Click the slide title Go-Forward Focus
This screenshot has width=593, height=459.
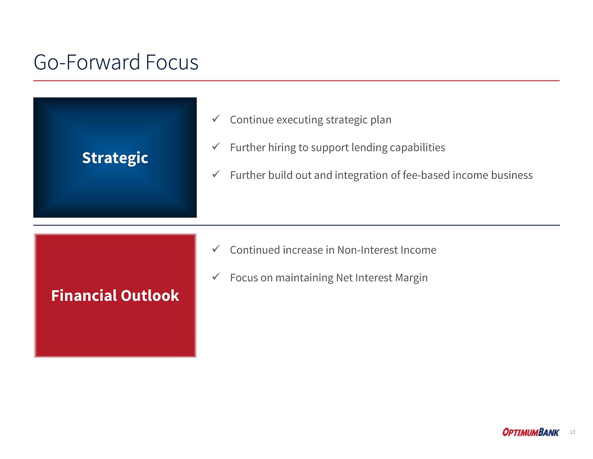[116, 62]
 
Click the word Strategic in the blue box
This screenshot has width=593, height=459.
[115, 158]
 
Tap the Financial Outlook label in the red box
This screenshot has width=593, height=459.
[115, 295]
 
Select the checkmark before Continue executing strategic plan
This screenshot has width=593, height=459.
[216, 119]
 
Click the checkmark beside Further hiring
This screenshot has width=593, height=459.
[216, 147]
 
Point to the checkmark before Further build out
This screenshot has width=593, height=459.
[216, 174]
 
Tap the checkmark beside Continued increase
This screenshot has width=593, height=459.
[216, 249]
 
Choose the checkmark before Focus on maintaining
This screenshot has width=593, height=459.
[216, 277]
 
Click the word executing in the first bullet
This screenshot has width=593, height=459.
[299, 120]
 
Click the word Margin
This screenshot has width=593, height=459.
[412, 278]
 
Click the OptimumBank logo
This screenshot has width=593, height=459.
[531, 432]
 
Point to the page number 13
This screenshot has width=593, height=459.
[573, 432]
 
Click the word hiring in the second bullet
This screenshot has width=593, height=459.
[282, 148]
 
